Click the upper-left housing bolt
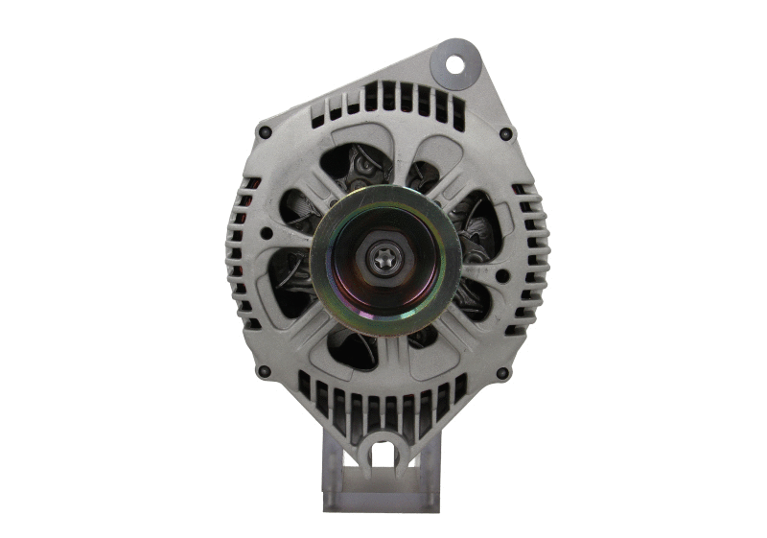266,132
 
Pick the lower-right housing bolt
502,372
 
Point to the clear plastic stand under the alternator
383,489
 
